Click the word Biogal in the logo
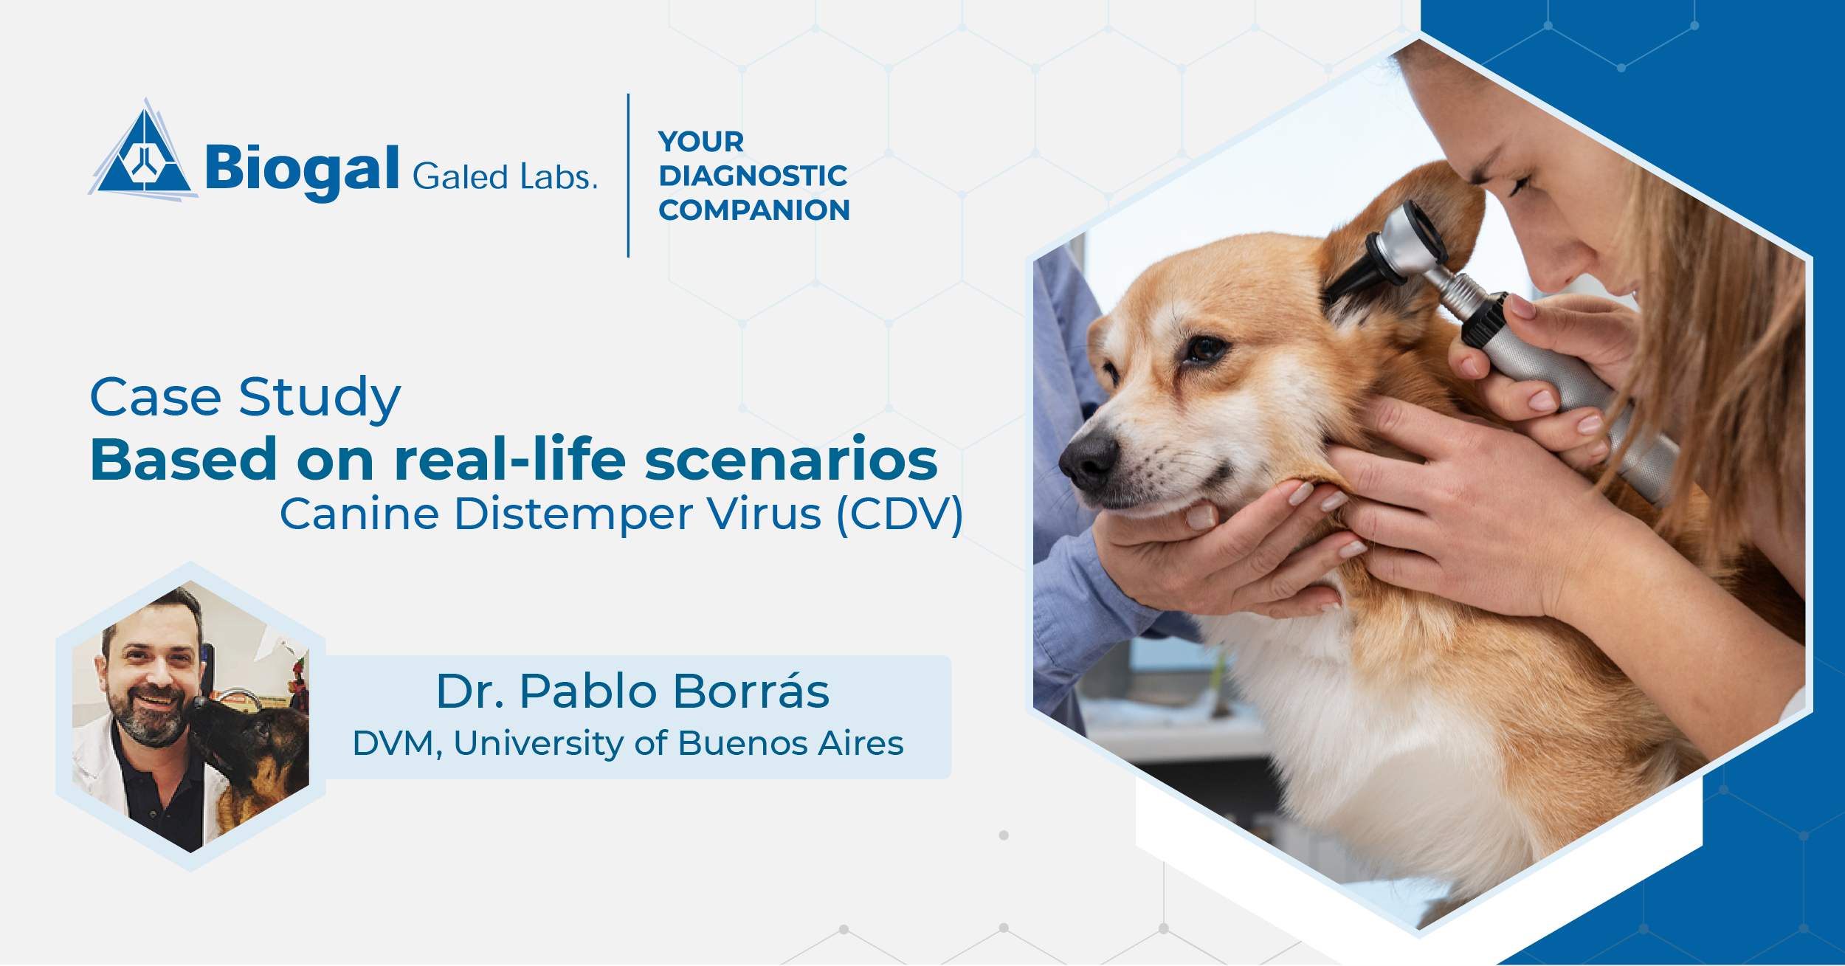[x=302, y=169]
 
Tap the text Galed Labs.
[x=505, y=177]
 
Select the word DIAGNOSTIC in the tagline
[x=753, y=176]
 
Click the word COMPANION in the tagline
[x=753, y=210]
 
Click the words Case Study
[x=245, y=397]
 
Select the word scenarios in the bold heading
[x=790, y=460]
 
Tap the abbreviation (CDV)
[x=900, y=514]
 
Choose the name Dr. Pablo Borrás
[x=632, y=691]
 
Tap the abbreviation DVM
[x=393, y=743]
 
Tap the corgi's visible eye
[x=1206, y=347]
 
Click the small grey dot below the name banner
[x=1004, y=835]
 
